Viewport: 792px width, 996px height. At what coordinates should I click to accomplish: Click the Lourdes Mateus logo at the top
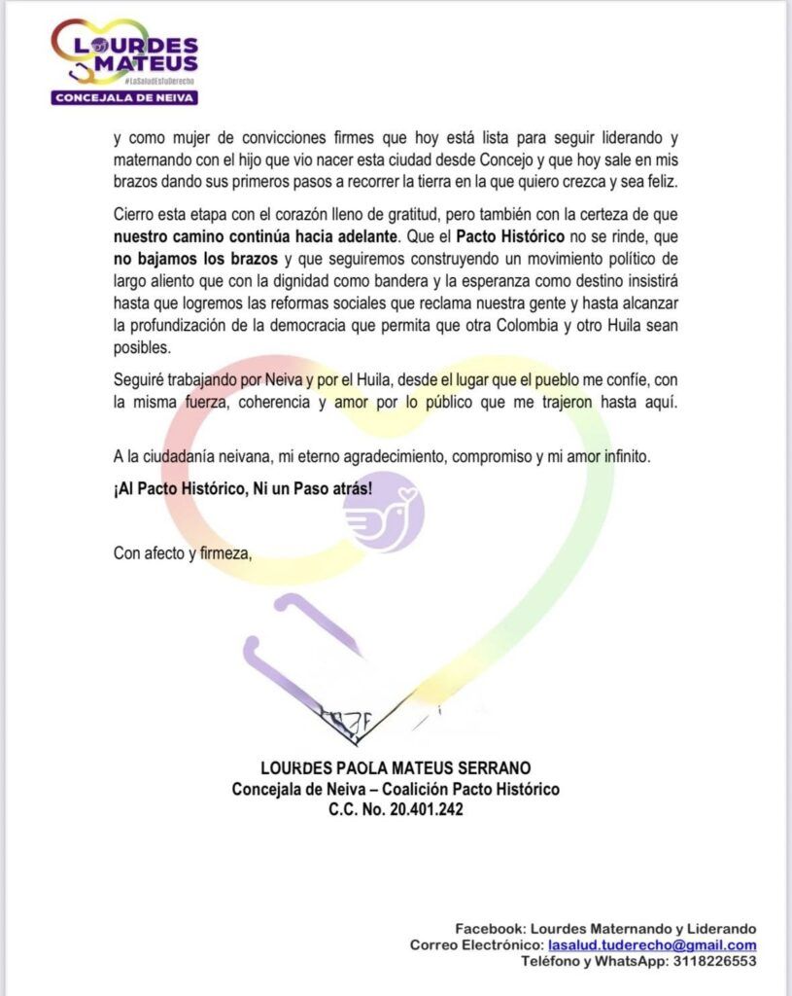pyautogui.click(x=124, y=55)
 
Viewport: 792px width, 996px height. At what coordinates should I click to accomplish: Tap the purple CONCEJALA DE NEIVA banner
pyautogui.click(x=124, y=97)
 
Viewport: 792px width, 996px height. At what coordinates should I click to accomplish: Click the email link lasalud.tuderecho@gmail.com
pyautogui.click(x=652, y=944)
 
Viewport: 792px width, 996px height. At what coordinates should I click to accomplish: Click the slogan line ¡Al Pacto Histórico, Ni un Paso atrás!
pyautogui.click(x=242, y=487)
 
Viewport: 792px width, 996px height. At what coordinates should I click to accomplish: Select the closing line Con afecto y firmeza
pyautogui.click(x=183, y=553)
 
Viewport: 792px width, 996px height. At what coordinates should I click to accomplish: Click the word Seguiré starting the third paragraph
pyautogui.click(x=139, y=381)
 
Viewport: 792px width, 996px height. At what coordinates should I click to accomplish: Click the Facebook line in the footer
pyautogui.click(x=605, y=929)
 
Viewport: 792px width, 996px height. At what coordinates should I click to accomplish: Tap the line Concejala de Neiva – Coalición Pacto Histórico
pyautogui.click(x=396, y=788)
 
